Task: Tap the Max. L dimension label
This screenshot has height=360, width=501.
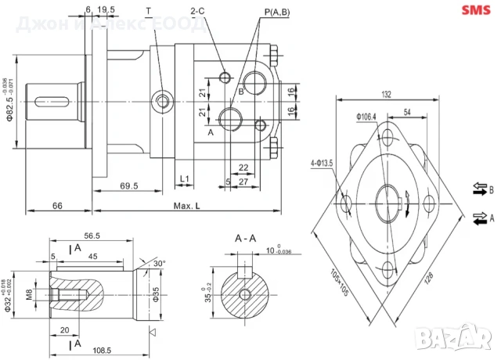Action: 186,205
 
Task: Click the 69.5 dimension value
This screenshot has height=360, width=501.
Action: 129,186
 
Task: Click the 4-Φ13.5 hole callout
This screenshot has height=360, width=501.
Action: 323,163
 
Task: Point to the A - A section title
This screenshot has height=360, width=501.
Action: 247,238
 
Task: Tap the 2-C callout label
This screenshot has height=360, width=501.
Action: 197,11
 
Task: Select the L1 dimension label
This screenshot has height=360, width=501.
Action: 185,179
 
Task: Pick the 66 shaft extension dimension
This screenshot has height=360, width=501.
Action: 57,205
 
